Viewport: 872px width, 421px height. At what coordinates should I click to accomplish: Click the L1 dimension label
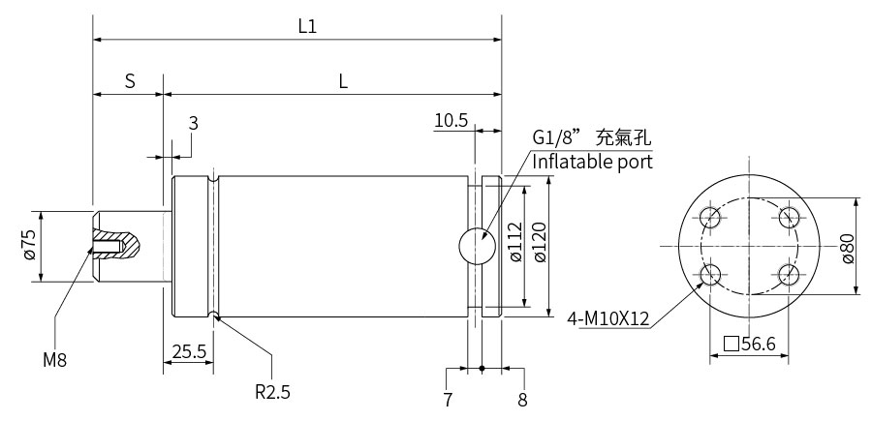click(307, 26)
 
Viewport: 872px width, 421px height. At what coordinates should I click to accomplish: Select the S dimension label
click(130, 81)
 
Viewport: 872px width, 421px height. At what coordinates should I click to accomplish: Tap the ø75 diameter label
click(29, 245)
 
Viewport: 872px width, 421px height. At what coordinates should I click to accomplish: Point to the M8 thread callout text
click(55, 360)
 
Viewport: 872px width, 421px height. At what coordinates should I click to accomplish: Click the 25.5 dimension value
click(189, 351)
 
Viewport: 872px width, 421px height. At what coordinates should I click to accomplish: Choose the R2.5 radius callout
click(272, 392)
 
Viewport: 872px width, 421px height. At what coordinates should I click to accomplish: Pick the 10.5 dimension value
click(451, 120)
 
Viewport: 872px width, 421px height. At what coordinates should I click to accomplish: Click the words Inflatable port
click(593, 163)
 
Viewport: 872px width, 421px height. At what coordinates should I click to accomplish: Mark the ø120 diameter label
click(540, 242)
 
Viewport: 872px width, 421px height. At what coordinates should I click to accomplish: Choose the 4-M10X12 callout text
click(608, 319)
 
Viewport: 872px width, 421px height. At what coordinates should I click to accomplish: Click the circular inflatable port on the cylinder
click(477, 246)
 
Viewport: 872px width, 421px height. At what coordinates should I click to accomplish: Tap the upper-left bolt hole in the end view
click(710, 217)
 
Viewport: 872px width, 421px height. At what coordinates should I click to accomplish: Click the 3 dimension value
click(193, 123)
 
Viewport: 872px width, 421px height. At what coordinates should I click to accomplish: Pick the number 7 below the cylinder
click(449, 400)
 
